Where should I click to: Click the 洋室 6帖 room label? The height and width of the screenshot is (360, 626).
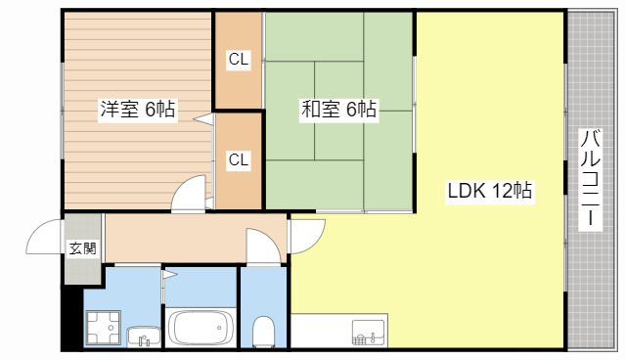138,111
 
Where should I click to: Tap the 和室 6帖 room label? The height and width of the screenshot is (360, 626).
338,111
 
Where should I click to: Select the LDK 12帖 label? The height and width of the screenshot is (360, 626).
490,191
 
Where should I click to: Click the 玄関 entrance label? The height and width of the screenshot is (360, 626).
82,248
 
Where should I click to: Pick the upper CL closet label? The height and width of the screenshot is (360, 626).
239,60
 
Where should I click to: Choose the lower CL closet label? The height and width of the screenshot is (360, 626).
239,159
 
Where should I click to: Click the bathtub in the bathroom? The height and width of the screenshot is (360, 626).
201,327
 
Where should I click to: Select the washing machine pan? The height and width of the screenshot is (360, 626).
104,327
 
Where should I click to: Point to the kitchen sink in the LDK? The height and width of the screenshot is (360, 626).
369,333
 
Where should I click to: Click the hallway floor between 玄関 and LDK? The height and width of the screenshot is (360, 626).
176,238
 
